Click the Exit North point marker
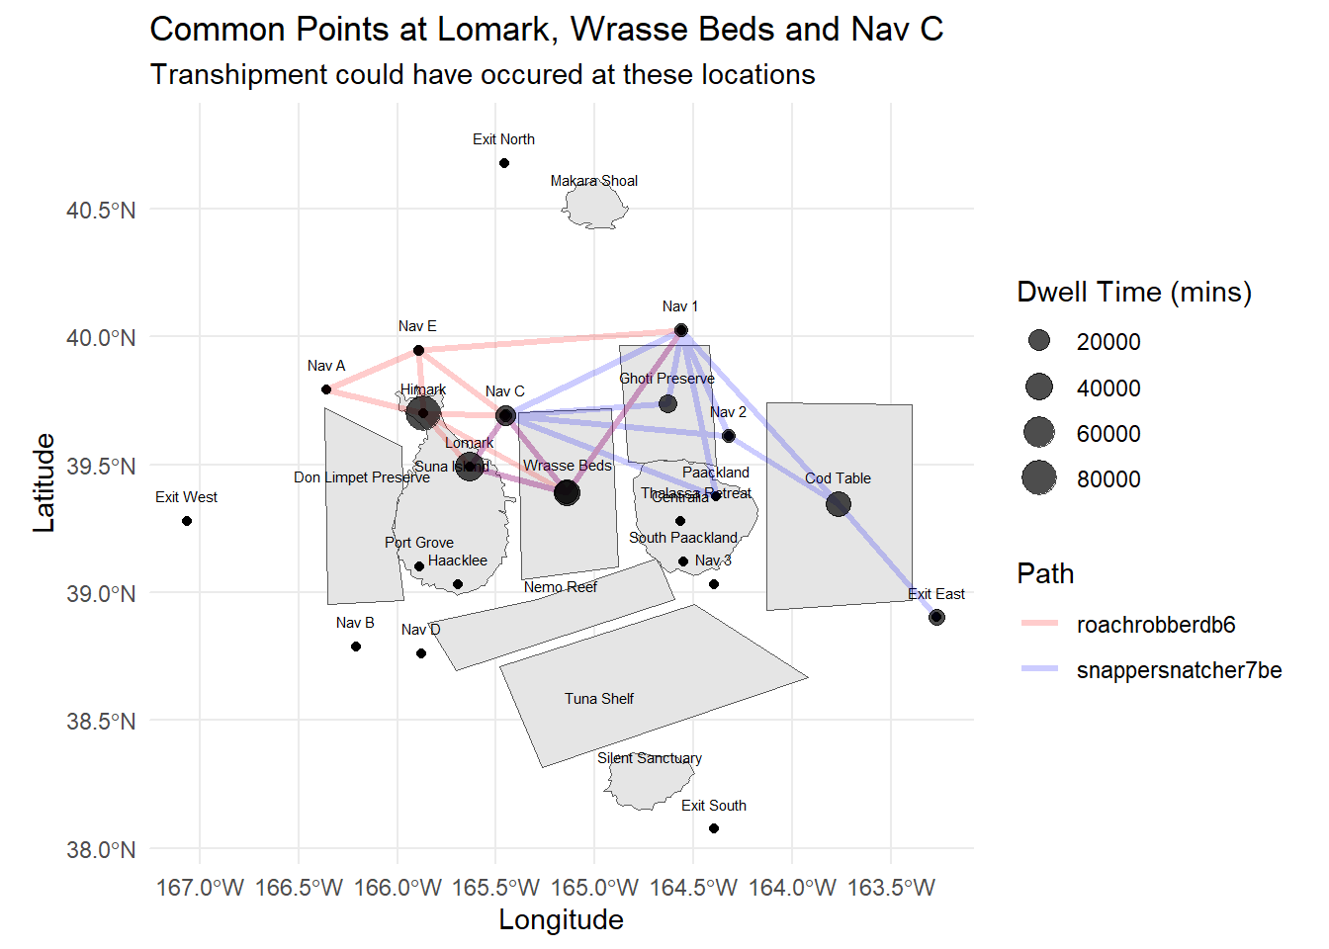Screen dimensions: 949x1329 504,163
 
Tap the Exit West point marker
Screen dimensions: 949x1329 187,521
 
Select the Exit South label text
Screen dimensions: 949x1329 713,806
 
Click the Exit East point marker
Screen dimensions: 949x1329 936,618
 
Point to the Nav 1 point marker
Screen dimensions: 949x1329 681,330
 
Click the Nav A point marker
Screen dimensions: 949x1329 326,389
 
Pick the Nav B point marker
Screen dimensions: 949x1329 356,647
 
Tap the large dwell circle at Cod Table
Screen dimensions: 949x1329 839,504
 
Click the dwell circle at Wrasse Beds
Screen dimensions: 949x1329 567,492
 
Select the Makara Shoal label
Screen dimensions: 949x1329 593,181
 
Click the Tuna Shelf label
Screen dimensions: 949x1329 599,699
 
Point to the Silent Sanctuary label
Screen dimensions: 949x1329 650,758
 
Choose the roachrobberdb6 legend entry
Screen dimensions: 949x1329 1155,625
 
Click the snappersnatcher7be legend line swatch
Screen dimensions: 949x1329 1039,669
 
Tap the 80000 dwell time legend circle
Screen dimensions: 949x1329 1039,478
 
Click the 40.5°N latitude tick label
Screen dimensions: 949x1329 101,210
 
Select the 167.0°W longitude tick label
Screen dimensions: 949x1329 200,888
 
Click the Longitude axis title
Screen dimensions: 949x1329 561,920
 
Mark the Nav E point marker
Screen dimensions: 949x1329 419,351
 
